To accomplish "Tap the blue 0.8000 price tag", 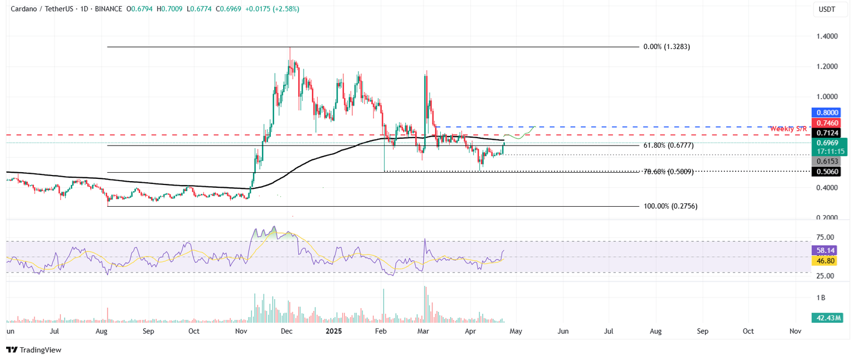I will (x=828, y=113).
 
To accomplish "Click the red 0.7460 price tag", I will (x=828, y=123).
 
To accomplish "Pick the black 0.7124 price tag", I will (x=828, y=133).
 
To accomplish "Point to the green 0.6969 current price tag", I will (x=828, y=143).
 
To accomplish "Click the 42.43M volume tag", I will (x=828, y=318).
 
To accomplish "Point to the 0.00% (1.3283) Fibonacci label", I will (x=667, y=47).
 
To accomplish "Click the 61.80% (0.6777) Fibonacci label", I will (x=669, y=145).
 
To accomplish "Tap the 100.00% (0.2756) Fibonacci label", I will (x=670, y=206).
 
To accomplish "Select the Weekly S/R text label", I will (x=788, y=129).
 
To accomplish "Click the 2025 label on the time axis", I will (x=334, y=331).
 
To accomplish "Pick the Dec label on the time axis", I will (x=286, y=331).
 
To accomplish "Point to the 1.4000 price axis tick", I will (x=827, y=36).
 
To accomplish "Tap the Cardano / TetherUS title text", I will (x=42, y=9).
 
